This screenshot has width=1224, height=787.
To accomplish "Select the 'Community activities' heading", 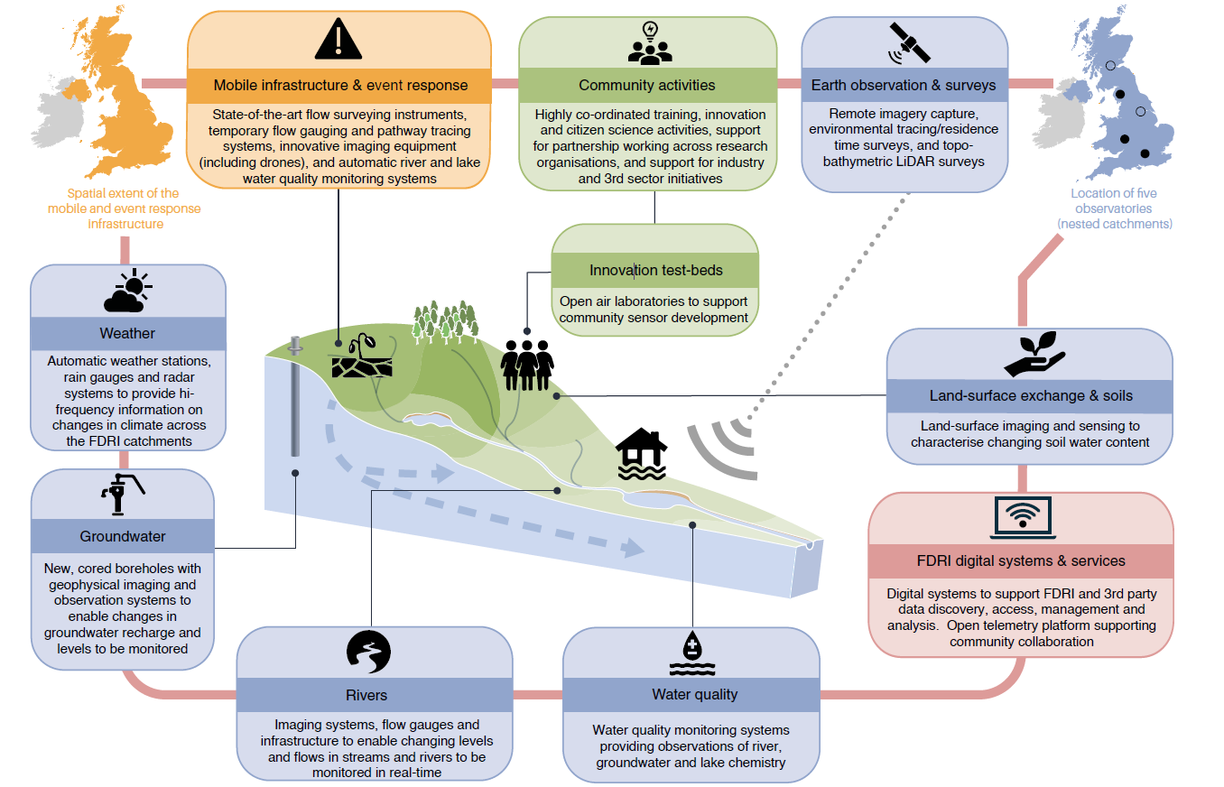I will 646,85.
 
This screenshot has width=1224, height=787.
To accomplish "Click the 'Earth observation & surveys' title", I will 904,85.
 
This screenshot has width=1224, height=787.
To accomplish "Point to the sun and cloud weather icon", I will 127,292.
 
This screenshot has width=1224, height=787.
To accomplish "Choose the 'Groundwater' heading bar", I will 123,536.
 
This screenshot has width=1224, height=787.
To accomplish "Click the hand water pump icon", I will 122,496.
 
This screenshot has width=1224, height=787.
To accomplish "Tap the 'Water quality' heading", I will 694,694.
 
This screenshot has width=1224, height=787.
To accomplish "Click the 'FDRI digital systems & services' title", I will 1021,560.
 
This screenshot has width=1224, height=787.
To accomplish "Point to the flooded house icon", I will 641,454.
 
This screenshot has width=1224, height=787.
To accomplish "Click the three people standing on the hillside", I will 526,366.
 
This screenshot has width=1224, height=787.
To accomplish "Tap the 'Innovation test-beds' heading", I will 655,270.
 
